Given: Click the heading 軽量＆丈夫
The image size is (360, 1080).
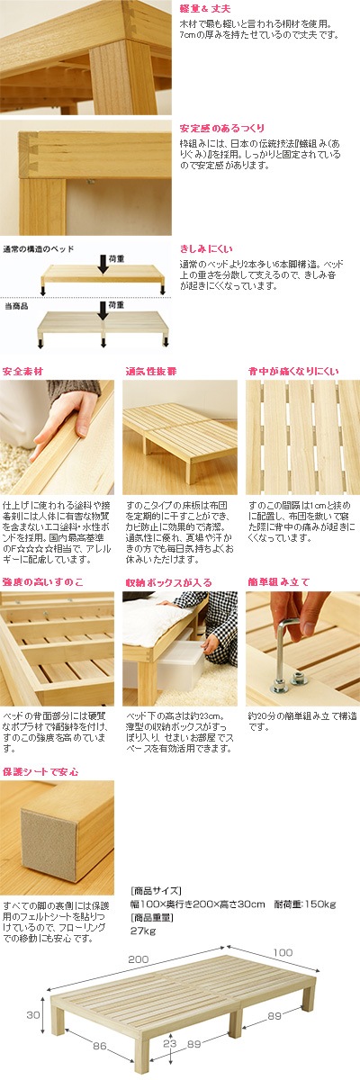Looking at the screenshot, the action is point(205,9).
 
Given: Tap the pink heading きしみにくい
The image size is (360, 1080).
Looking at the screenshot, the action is point(206,248).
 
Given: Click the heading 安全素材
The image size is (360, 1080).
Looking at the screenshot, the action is point(22,371).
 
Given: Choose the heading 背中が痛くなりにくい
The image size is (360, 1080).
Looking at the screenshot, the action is point(293,371).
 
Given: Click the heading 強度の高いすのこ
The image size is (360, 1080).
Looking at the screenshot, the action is point(42,582).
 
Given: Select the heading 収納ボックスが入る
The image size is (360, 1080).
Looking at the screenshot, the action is point(168,582).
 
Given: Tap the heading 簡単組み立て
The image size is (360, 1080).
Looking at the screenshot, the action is point(279,582).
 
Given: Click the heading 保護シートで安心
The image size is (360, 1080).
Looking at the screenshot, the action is point(40,772).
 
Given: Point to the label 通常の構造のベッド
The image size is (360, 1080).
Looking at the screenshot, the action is point(39,249).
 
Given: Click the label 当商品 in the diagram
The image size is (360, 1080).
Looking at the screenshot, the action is point(16,306).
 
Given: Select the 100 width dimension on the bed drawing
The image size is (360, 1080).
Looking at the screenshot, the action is point(283,952).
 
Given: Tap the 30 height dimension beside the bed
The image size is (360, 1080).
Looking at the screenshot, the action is point(33,1014).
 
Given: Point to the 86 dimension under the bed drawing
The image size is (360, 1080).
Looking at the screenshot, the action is point(100,1046).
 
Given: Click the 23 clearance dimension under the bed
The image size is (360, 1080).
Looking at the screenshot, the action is point(169,1043).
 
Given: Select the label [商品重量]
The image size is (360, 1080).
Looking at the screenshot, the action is point(152,917).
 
